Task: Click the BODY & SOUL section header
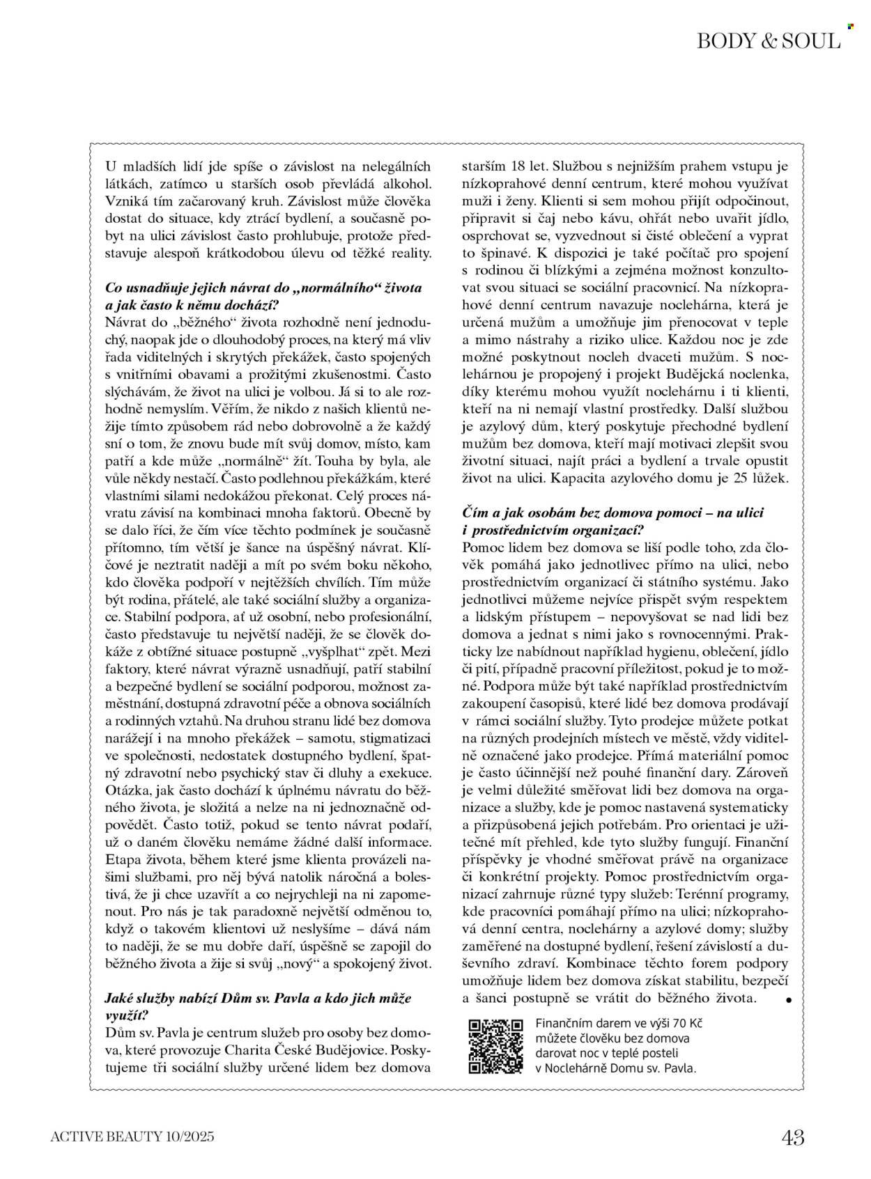(769, 42)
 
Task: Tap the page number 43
(792, 1139)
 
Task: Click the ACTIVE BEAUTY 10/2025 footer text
(132, 1138)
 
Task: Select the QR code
(495, 1047)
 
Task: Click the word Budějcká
(672, 374)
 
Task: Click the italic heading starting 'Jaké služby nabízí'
(258, 998)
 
